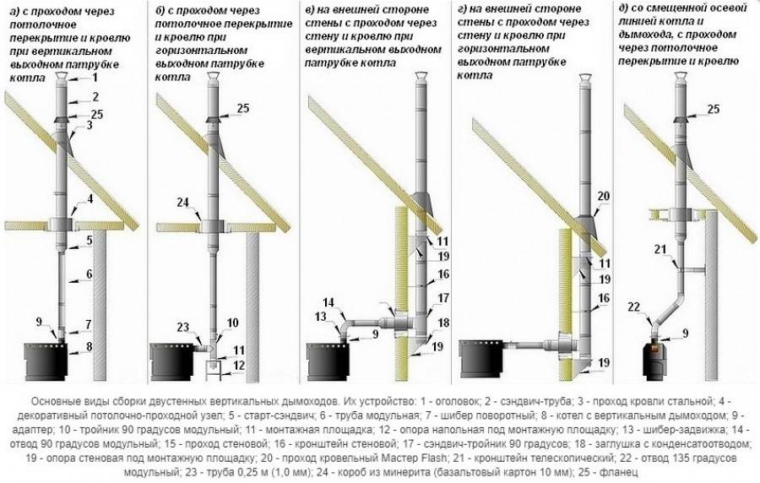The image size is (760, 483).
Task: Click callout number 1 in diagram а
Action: point(95,77)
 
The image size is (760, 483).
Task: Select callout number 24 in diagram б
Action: point(182,203)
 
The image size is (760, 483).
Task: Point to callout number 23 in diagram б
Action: point(182,328)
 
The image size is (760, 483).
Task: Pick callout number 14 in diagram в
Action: point(328,303)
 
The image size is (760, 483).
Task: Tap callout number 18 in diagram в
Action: point(443,323)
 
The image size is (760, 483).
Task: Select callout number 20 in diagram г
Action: point(604,196)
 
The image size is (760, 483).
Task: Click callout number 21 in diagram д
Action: point(660,249)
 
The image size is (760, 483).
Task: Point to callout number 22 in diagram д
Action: point(634,307)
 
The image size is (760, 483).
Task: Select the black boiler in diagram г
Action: point(482,359)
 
